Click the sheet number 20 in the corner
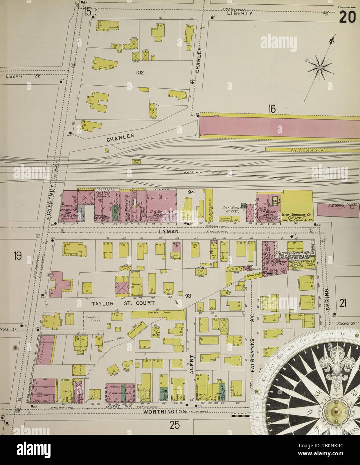pos(347,17)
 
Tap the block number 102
pos(140,72)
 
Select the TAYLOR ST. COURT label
pos(123,303)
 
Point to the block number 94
pos(192,192)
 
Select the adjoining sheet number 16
pos(271,108)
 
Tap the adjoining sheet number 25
pos(174,426)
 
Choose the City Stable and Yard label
pos(232,210)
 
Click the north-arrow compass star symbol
pos(320,67)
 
